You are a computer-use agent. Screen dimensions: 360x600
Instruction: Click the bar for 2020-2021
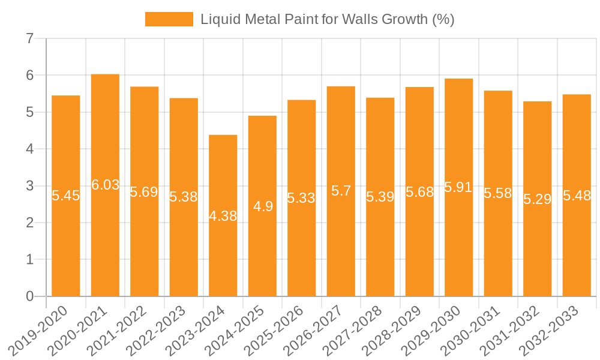click(105, 240)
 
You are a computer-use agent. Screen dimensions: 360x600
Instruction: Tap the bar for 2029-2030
click(458, 240)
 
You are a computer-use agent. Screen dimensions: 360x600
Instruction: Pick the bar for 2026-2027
click(341, 240)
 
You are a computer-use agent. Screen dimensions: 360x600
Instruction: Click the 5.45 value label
click(66, 196)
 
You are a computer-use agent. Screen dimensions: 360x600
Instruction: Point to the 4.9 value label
click(263, 206)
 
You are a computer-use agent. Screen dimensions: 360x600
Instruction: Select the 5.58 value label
click(498, 193)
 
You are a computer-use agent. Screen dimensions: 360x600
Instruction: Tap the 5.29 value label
click(537, 199)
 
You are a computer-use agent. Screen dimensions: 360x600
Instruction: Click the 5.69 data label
click(144, 192)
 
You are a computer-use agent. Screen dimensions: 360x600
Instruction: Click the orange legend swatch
click(169, 19)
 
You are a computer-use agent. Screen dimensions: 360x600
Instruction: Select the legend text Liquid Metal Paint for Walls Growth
click(327, 19)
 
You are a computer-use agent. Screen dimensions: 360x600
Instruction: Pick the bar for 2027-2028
click(380, 252)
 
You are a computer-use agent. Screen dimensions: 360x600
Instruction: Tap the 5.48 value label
click(577, 196)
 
